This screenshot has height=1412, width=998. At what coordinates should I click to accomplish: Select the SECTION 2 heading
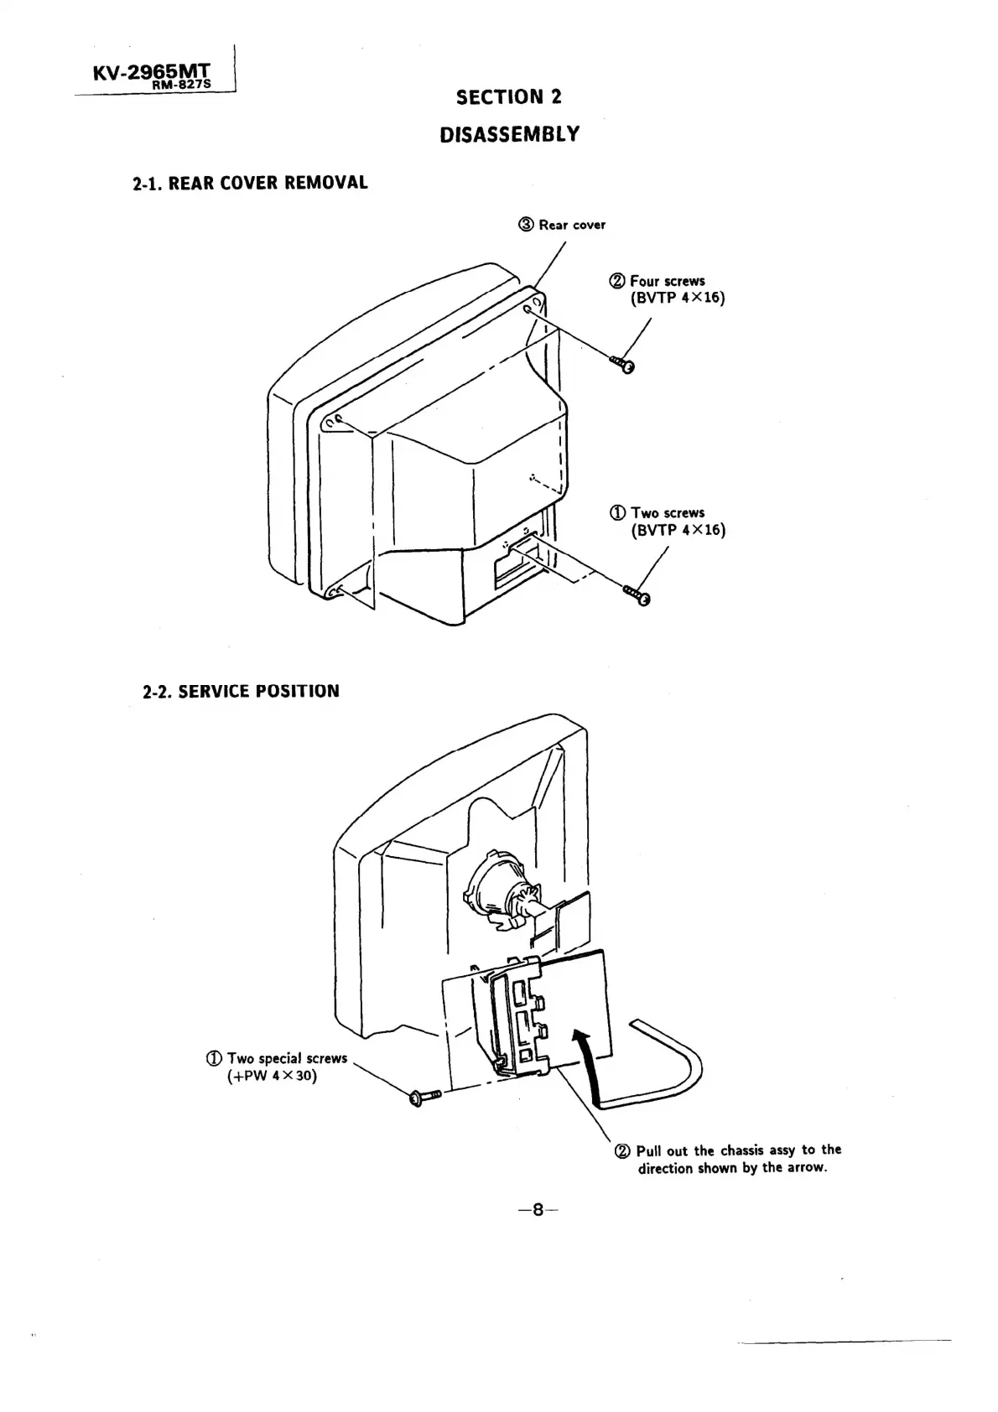point(508,97)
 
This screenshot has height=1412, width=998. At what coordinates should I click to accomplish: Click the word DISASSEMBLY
point(509,134)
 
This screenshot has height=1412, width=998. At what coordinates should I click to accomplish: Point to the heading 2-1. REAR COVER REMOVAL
point(250,183)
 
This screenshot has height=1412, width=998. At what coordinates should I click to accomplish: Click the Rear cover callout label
point(571,225)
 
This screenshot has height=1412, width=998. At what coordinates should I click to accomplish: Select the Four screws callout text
point(666,282)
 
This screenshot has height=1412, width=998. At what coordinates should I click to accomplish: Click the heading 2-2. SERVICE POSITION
point(241,692)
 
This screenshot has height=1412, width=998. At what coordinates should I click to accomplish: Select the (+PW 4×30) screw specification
point(273,1076)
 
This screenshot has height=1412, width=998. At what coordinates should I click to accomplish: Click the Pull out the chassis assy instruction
point(730,1159)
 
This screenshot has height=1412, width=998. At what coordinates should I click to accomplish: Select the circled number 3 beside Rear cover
point(526,225)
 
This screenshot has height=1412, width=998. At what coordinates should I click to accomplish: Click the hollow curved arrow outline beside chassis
point(663,1069)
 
